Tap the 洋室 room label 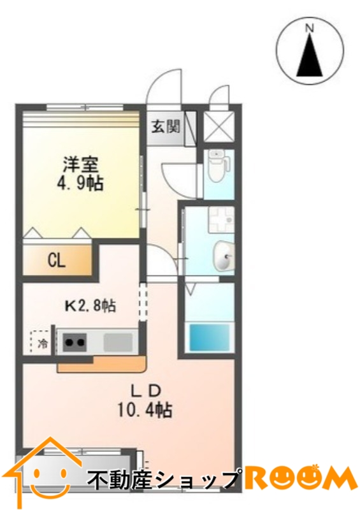tap(81, 164)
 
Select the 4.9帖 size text tap(80, 184)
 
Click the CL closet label tap(57, 261)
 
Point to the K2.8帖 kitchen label tap(90, 306)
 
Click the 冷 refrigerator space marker tap(41, 343)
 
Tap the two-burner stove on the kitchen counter tap(75, 342)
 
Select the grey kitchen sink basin tap(118, 342)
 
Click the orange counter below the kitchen tap(102, 363)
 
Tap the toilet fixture tap(219, 165)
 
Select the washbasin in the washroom tap(224, 256)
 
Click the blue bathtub tap(210, 337)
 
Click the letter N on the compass tap(310, 29)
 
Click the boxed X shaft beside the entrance tap(219, 127)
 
